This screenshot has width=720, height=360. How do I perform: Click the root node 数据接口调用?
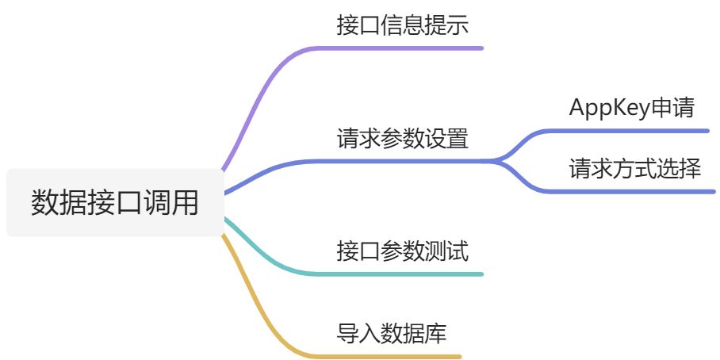[115, 203]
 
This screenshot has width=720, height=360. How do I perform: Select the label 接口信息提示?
[402, 25]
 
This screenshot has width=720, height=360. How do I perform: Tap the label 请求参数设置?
[402, 139]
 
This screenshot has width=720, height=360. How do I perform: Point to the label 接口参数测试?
[402, 252]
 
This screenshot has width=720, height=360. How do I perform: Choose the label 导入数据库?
[391, 333]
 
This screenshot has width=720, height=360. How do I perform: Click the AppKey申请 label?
[631, 108]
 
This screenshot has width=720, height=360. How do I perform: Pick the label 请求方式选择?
[634, 168]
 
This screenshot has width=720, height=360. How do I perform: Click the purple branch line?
[262, 87]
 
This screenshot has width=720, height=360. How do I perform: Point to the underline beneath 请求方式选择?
[634, 191]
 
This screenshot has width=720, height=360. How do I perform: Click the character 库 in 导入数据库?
[435, 333]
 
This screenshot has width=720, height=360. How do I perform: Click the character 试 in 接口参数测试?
[458, 252]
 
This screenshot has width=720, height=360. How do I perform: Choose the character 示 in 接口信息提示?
[458, 25]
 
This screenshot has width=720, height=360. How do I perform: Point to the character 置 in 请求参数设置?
[458, 139]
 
